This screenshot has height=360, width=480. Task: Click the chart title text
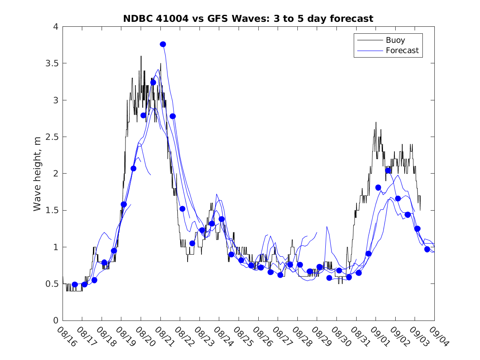click(x=248, y=19)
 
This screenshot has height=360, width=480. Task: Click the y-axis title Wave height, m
click(x=37, y=174)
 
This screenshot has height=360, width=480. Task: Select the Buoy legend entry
click(x=395, y=40)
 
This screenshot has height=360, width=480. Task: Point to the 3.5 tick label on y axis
click(x=52, y=63)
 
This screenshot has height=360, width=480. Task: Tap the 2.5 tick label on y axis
click(x=52, y=137)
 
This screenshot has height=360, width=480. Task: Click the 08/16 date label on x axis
click(x=67, y=337)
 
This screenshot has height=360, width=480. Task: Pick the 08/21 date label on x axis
click(x=164, y=337)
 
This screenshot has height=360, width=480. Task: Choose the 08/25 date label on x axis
click(x=242, y=337)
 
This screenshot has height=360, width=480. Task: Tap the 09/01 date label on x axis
click(x=379, y=337)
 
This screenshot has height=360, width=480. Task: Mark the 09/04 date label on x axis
click(x=438, y=337)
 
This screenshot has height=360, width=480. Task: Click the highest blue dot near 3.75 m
click(x=163, y=44)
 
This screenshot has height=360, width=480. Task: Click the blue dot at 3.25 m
click(x=153, y=82)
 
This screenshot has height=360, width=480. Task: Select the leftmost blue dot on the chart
click(x=75, y=284)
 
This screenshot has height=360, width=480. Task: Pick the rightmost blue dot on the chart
click(x=427, y=249)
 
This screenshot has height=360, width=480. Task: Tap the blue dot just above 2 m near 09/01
click(x=388, y=170)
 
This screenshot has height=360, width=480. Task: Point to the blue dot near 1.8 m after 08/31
click(x=378, y=187)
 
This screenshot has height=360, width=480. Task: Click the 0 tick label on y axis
click(x=56, y=321)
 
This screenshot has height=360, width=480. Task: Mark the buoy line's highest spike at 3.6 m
click(x=141, y=56)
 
